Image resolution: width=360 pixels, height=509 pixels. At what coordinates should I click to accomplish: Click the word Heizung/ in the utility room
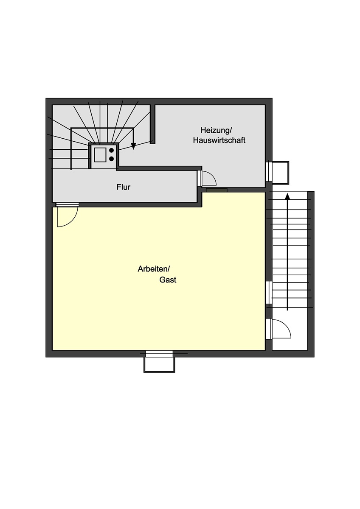pos(216,131)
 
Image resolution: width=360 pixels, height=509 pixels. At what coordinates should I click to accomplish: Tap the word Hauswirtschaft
pos(219,140)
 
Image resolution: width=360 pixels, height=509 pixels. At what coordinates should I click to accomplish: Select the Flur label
pos(124,187)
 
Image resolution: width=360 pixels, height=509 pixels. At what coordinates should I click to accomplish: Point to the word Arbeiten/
pos(154,269)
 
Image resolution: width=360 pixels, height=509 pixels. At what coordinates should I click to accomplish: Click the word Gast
pos(168,280)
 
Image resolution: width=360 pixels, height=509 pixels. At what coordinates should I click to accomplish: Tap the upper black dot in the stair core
pos(111,150)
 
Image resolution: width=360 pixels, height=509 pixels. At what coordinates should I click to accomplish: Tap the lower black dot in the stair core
pos(111,159)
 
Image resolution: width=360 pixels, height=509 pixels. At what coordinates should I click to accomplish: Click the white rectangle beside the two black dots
pos(100,155)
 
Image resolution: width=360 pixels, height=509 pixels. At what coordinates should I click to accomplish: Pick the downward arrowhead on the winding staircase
pos(133,146)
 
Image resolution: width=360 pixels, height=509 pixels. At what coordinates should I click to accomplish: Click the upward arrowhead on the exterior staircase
pos(288,196)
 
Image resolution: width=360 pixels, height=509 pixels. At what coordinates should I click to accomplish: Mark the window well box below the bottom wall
pos(160,365)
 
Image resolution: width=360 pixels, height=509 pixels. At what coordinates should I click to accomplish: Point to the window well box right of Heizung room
pos(281,173)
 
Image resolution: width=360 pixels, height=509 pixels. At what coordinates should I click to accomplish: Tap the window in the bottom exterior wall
pos(159,354)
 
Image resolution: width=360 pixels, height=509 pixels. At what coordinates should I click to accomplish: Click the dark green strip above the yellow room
pos(217,190)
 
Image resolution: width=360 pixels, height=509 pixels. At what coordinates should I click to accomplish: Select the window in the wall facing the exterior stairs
pos(269,292)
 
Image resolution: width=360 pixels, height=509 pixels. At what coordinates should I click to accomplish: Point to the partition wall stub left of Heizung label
pos(152,124)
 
